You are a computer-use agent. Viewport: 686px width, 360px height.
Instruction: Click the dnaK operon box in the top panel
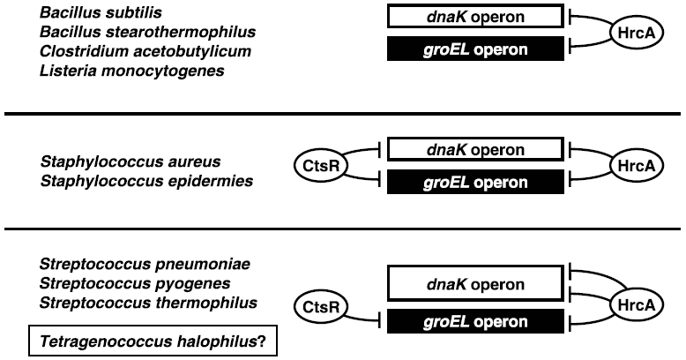point(474,15)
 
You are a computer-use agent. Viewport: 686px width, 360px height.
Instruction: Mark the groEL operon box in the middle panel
point(474,183)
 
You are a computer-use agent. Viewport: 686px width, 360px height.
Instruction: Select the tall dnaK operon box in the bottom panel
point(474,285)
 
